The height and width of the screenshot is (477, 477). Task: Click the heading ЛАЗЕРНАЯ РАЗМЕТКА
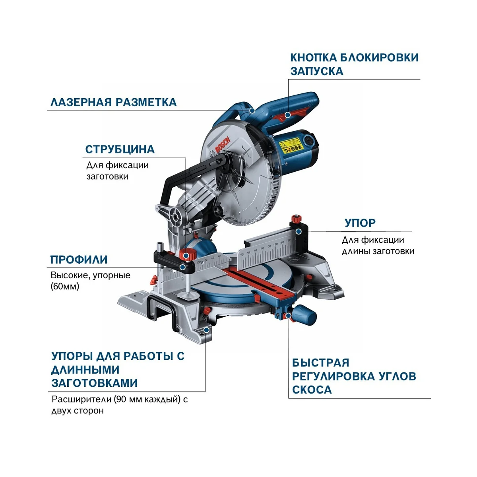113,102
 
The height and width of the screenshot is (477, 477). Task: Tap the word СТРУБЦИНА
120,149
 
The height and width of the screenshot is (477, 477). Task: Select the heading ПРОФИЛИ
79,260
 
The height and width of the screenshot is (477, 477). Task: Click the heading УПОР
360,223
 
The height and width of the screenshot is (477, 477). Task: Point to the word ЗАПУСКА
316,71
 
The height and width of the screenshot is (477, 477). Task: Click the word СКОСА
312,390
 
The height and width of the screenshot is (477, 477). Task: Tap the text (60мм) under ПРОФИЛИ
65,286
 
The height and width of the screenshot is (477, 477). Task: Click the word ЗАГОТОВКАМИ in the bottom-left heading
94,383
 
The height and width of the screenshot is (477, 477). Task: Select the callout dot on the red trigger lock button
287,115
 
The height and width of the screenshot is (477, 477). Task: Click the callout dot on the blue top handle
252,111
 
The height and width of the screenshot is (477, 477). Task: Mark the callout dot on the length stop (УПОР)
299,231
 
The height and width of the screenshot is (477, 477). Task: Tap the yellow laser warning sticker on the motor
291,146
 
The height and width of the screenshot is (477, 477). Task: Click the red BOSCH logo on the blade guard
222,145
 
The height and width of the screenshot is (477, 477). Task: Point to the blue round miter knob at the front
305,314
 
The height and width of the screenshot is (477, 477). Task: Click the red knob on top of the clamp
187,255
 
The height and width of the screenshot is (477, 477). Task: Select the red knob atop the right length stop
296,219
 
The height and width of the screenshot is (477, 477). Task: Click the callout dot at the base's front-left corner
206,330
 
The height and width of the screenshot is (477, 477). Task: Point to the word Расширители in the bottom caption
82,399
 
